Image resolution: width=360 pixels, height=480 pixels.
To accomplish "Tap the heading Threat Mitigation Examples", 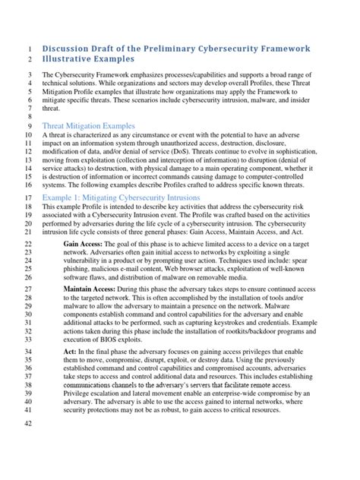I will point(89,125).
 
